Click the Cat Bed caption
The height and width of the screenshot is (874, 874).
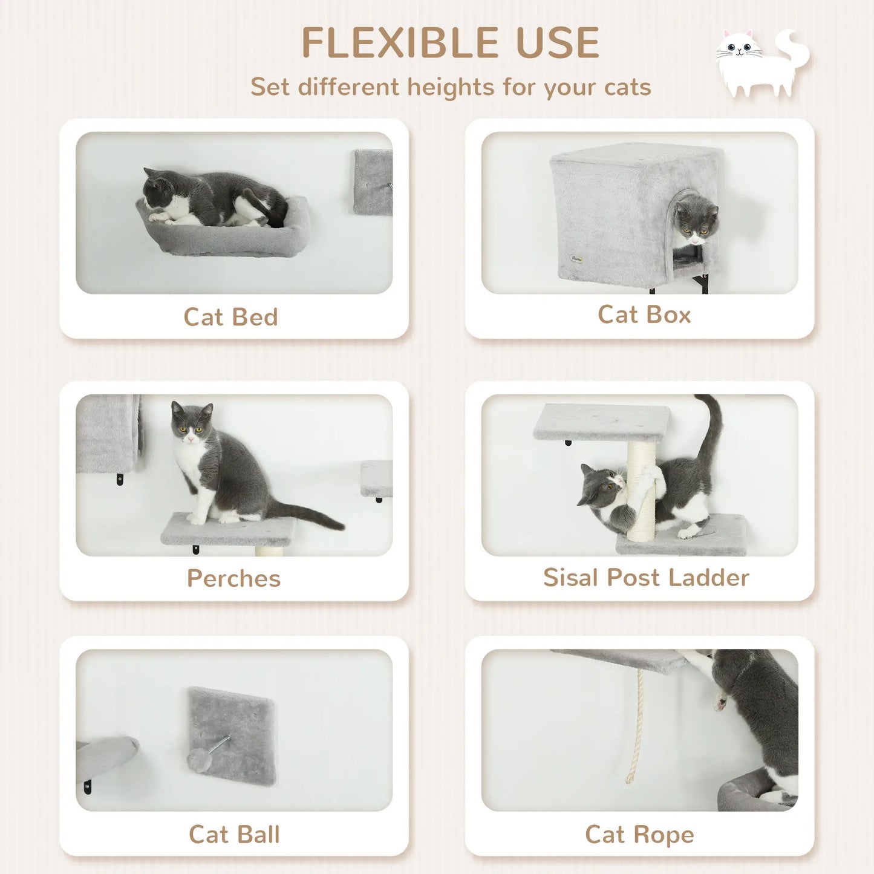pyautogui.click(x=230, y=317)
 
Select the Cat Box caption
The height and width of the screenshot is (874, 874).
pyautogui.click(x=644, y=315)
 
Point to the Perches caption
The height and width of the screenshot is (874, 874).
pyautogui.click(x=233, y=578)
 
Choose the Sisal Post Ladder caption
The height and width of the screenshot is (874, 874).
pyautogui.click(x=646, y=577)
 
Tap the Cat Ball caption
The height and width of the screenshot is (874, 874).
pyautogui.click(x=234, y=834)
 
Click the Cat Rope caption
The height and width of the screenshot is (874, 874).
pyautogui.click(x=639, y=834)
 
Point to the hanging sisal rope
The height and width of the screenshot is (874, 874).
pyautogui.click(x=636, y=726)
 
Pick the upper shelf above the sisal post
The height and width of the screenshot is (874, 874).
pyautogui.click(x=602, y=420)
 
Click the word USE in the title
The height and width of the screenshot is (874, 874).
pyautogui.click(x=556, y=43)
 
